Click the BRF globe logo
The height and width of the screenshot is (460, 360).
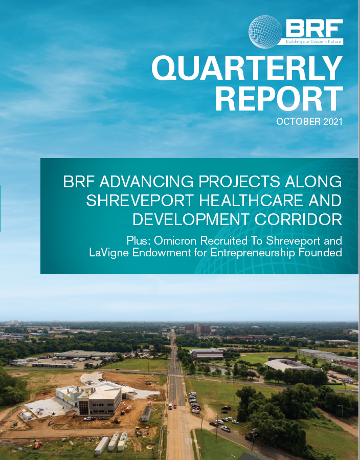(x=265, y=32)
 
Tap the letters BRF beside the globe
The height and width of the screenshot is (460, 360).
(x=314, y=28)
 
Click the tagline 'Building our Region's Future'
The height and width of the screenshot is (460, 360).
(x=313, y=41)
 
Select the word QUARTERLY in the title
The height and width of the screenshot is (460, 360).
(x=247, y=68)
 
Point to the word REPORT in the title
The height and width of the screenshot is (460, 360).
(x=279, y=98)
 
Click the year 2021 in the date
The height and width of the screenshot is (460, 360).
(x=333, y=121)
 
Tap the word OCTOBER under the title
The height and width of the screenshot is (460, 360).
(x=299, y=121)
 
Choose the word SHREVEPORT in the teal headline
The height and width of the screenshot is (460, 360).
(x=140, y=201)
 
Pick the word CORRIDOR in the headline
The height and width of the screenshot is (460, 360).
(x=298, y=220)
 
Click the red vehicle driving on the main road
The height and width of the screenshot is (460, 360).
(x=175, y=406)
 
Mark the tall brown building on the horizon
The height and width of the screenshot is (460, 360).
(x=197, y=329)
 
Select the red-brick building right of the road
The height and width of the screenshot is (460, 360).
(x=207, y=354)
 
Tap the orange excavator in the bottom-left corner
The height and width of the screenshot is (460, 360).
(x=38, y=444)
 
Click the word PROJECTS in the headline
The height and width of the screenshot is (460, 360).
(x=239, y=182)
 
